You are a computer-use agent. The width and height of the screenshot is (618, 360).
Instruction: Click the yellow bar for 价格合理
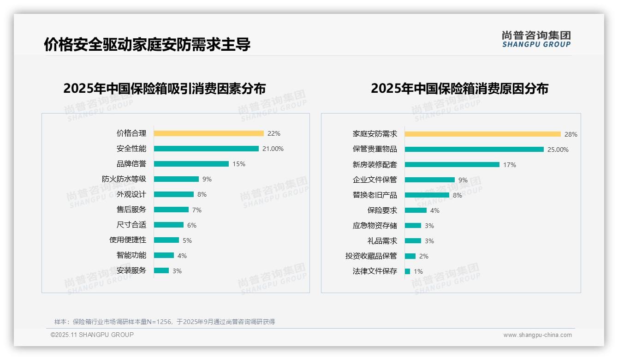coord(208,133)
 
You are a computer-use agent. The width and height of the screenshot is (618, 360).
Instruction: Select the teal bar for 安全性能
coord(206,149)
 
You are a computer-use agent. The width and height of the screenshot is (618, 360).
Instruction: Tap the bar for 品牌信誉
coord(191,164)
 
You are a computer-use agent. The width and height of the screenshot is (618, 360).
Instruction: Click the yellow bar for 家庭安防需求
coord(482,134)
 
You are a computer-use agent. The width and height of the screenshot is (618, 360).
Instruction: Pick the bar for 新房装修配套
coord(452,164)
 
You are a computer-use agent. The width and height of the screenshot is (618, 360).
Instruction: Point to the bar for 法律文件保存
coord(407,271)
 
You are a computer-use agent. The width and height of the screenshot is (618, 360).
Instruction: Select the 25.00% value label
coord(558,150)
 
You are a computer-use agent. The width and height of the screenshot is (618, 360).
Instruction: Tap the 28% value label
coord(571,134)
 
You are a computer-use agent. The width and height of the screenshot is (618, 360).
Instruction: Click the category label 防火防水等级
coord(124,179)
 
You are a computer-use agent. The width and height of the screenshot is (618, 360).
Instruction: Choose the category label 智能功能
coord(131,255)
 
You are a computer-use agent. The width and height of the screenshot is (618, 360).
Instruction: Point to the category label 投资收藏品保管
coord(371,256)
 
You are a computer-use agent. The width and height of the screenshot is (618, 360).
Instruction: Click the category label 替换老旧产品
coord(375,195)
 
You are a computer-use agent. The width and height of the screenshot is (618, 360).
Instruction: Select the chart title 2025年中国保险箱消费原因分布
coord(459,89)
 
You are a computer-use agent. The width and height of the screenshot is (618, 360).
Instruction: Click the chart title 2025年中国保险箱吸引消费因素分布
coord(165,89)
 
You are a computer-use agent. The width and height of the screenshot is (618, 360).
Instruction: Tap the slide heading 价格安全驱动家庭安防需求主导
coord(147,45)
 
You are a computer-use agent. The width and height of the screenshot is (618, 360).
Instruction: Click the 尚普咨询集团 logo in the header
coord(536,39)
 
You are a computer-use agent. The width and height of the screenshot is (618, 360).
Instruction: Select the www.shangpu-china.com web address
coord(537,335)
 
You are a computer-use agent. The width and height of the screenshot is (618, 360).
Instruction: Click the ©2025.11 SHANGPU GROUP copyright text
coord(92,335)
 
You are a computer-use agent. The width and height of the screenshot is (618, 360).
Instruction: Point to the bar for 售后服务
coord(171,210)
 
